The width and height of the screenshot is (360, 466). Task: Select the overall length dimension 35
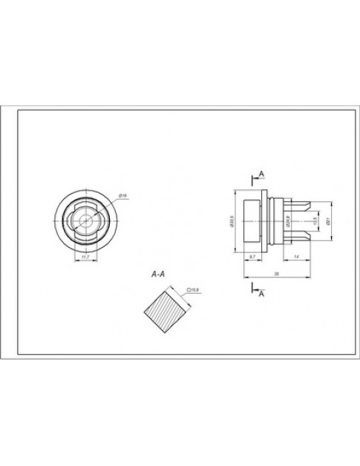pyautogui.click(x=276, y=274)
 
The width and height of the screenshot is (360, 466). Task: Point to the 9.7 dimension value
pyautogui.click(x=253, y=255)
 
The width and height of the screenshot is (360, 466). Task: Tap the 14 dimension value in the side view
pyautogui.click(x=297, y=255)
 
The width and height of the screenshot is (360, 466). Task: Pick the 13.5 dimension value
pyautogui.click(x=315, y=220)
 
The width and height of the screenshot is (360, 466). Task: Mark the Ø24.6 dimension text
pyautogui.click(x=287, y=220)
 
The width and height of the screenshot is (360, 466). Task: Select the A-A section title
pyautogui.click(x=157, y=275)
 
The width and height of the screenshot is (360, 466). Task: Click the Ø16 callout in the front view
pyautogui.click(x=123, y=195)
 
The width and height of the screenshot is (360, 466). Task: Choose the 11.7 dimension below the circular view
pyautogui.click(x=85, y=257)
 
